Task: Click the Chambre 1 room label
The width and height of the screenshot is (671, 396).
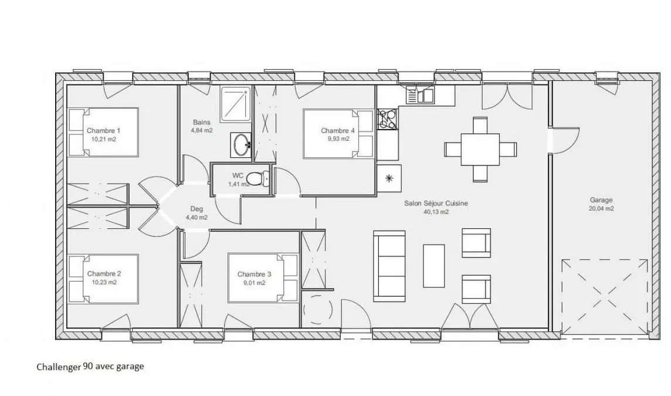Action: [104, 131]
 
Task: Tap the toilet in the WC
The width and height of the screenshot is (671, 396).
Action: [258, 178]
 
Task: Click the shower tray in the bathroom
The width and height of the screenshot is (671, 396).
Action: [236, 104]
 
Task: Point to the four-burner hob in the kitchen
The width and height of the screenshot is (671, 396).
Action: [388, 119]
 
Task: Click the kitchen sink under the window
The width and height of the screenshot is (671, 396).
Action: [420, 95]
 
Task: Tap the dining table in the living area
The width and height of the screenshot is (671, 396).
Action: [480, 150]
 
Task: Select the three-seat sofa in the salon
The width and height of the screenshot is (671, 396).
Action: [389, 266]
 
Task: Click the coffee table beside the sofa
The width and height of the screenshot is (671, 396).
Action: [434, 266]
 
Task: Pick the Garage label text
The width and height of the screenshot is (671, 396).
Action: [601, 200]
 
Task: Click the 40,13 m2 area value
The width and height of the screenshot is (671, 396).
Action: [436, 212]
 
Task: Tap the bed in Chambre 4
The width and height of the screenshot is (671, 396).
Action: [338, 134]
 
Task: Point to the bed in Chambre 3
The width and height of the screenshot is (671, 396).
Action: [263, 278]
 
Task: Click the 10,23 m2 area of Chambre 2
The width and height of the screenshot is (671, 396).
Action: [104, 283]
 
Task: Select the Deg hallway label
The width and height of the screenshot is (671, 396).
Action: [197, 209]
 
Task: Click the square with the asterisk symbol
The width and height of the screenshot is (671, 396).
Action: [389, 178]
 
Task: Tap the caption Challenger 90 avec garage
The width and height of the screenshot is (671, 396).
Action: [90, 367]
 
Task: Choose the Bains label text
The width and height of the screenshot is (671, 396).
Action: [202, 123]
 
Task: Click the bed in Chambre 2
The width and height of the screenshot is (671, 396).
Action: [103, 279]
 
